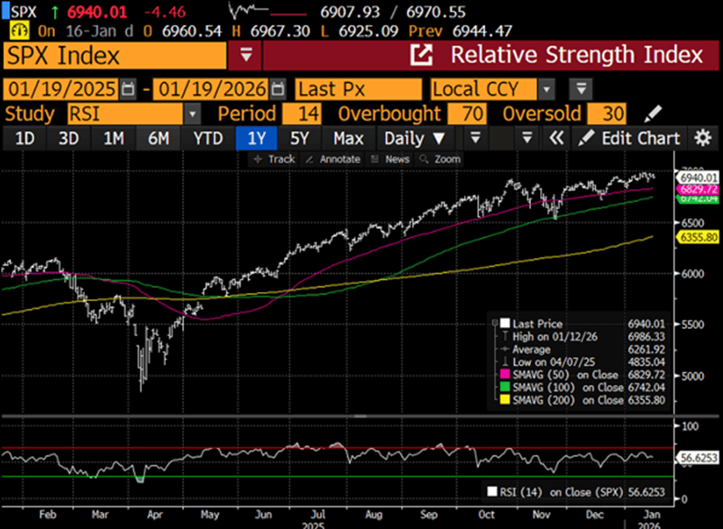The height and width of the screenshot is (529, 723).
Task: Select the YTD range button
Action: (x=207, y=138)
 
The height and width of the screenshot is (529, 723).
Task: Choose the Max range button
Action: (x=347, y=138)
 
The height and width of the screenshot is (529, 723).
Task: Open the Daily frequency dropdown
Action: (x=415, y=138)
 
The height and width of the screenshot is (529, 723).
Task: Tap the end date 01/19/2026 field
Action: (x=211, y=89)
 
